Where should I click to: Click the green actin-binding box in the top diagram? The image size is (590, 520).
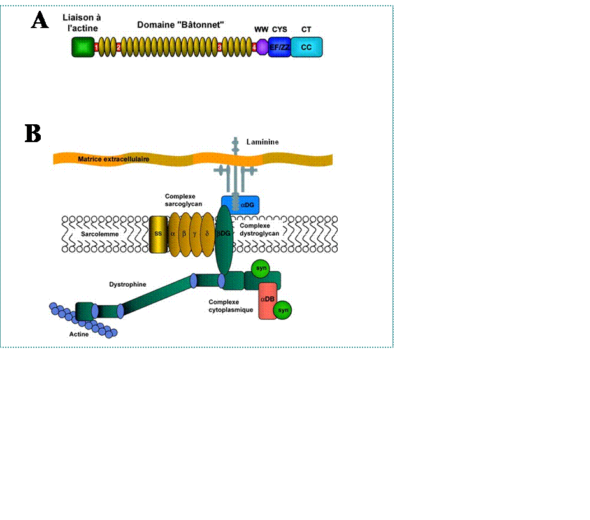click(x=82, y=47)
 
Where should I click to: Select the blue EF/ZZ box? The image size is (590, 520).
click(x=279, y=47)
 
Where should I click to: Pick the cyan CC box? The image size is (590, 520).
click(x=306, y=47)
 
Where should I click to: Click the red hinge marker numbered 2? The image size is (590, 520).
click(x=119, y=47)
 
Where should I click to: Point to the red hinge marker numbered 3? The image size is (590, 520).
click(x=219, y=47)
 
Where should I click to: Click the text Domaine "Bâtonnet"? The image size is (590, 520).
click(x=180, y=24)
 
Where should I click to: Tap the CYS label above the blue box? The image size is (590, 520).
click(x=280, y=29)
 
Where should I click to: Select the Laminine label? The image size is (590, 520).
click(x=263, y=141)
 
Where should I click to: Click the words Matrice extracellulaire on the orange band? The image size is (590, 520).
click(x=113, y=159)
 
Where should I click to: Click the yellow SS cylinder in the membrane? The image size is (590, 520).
click(x=157, y=234)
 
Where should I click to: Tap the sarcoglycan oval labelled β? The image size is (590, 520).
click(x=185, y=234)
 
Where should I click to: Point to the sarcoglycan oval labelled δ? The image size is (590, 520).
click(x=208, y=234)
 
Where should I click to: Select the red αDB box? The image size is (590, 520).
click(x=267, y=299)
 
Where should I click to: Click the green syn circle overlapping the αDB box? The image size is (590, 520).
click(x=283, y=310)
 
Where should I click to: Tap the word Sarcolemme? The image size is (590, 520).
click(x=99, y=234)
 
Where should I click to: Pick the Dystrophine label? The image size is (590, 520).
click(x=127, y=284)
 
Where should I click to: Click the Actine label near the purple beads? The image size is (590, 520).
click(x=79, y=334)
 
